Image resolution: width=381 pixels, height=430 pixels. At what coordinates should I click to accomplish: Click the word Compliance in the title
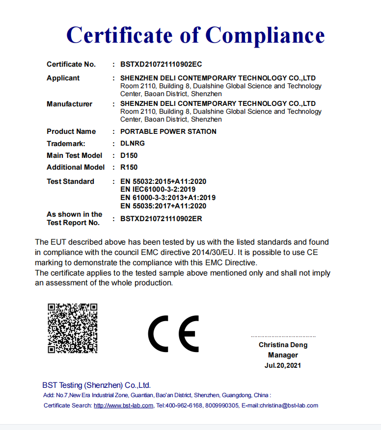(x=265, y=35)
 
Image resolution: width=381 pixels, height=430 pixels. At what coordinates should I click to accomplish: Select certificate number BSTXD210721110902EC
(x=161, y=64)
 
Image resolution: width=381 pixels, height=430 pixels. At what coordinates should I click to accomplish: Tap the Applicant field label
(x=63, y=78)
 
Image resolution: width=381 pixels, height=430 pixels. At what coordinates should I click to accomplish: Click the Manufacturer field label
(x=69, y=104)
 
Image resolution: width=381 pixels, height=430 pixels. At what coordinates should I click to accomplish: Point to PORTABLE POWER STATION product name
(x=168, y=131)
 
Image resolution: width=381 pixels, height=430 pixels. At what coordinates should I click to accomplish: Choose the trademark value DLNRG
(x=133, y=144)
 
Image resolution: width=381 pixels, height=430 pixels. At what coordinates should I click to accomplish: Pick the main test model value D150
(x=129, y=155)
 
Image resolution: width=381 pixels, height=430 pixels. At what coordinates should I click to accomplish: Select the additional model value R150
(x=129, y=167)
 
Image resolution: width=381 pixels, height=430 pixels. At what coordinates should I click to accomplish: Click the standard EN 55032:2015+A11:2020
(x=163, y=181)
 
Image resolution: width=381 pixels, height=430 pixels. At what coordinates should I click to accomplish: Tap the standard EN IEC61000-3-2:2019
(x=158, y=189)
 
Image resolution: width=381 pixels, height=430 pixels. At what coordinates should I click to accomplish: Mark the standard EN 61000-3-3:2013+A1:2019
(x=168, y=198)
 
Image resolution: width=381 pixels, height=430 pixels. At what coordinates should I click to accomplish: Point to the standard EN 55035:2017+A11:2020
(x=163, y=206)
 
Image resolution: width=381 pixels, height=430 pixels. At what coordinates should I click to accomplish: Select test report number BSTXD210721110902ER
(x=161, y=219)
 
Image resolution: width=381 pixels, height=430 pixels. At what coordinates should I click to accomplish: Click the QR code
(x=72, y=328)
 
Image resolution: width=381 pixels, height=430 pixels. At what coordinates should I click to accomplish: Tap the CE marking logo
(x=173, y=333)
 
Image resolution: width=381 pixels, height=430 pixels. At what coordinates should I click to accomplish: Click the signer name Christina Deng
(x=283, y=345)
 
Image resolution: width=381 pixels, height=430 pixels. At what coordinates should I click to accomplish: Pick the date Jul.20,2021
(x=283, y=365)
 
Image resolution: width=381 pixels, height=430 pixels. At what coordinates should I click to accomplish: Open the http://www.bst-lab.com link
(x=124, y=405)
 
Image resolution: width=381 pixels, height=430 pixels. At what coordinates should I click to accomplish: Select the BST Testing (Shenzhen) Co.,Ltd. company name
(x=96, y=385)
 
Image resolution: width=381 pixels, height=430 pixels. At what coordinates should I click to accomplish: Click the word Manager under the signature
(x=283, y=355)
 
